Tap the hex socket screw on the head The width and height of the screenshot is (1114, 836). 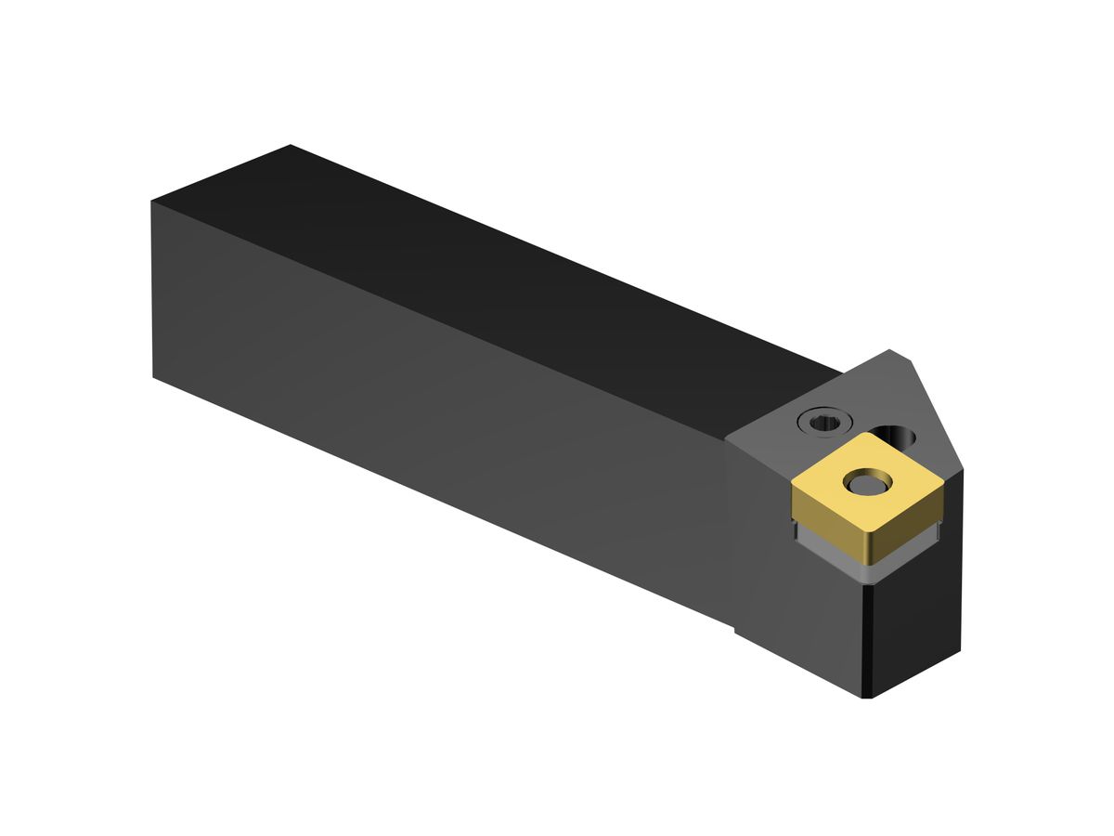pos(821,423)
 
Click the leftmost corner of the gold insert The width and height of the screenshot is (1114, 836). pos(794,483)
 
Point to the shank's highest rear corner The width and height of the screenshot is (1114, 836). pos(291,145)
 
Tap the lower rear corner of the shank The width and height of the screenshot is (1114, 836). pos(153,376)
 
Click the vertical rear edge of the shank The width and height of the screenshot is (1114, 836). pos(152,288)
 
